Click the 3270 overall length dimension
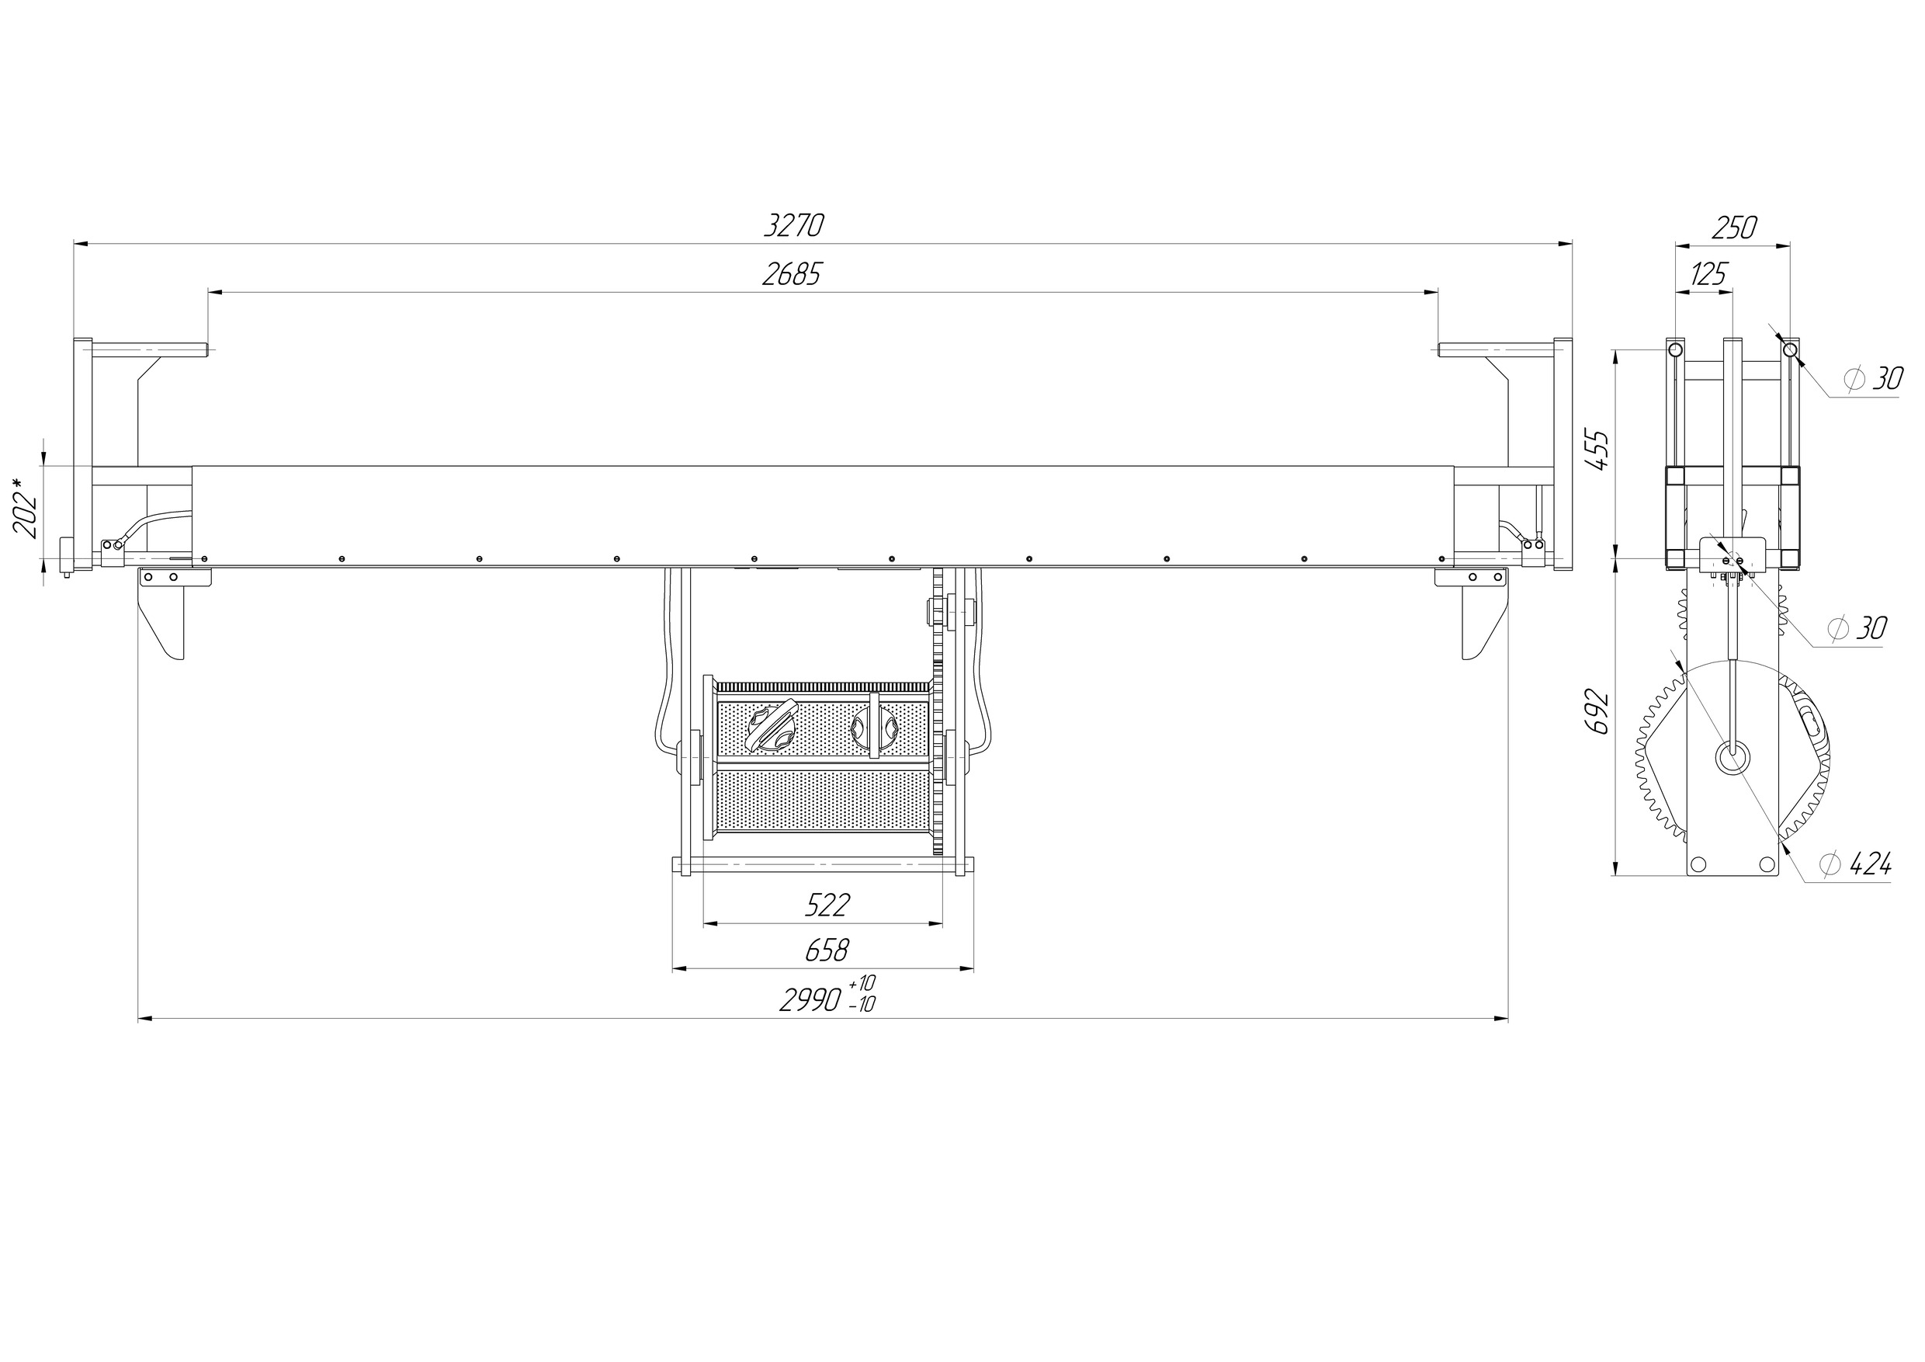coord(794,226)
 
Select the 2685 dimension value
coord(793,274)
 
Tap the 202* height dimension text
coord(26,509)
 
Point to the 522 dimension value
coord(827,905)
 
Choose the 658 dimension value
coord(827,950)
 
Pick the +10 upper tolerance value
coord(862,982)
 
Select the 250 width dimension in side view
coord(1734,228)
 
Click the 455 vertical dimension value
coord(1599,450)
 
